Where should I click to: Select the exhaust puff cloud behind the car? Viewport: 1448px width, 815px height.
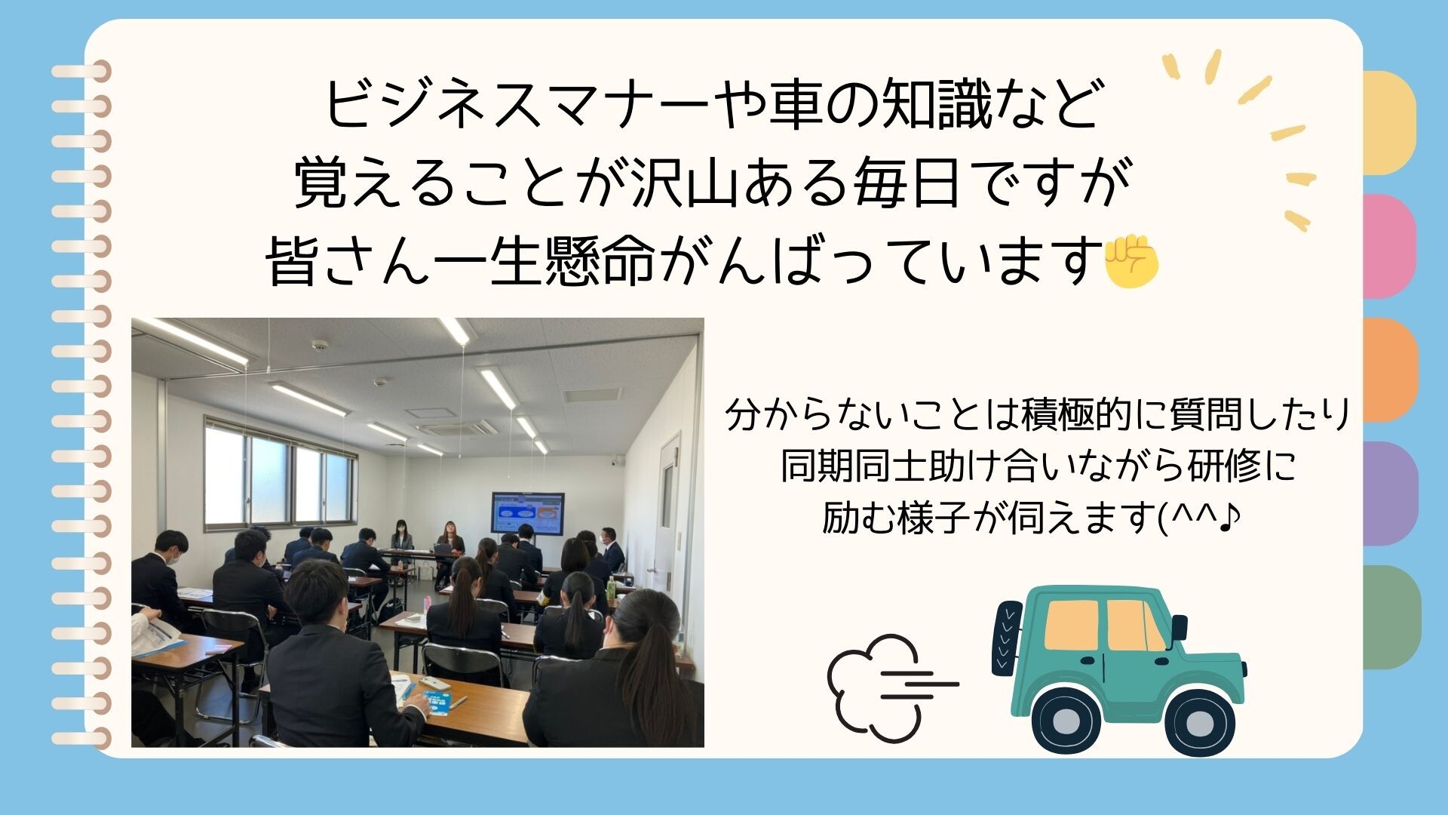pos(875,683)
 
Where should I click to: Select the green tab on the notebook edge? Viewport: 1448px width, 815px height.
pos(1391,617)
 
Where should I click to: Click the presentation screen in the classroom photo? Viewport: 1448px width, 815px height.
pos(528,514)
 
